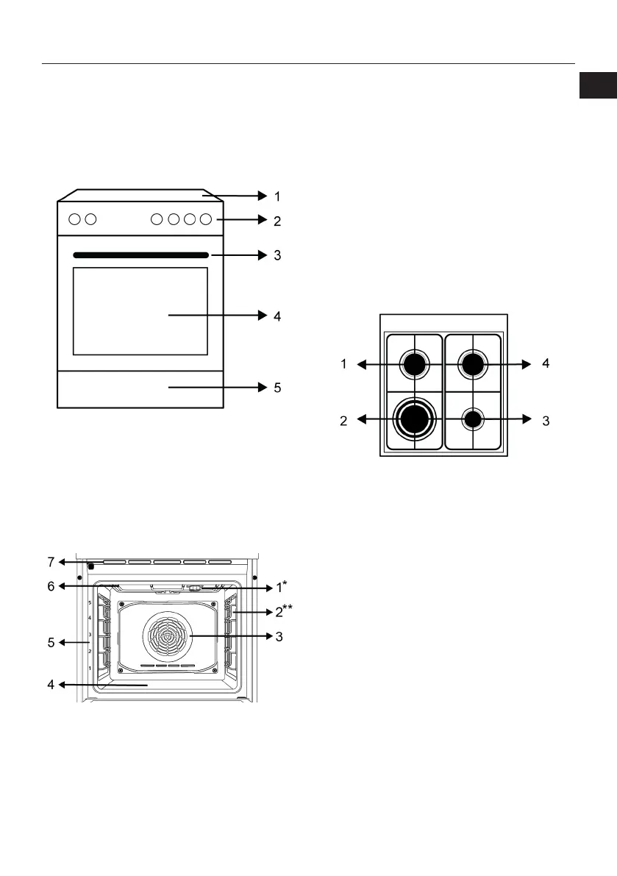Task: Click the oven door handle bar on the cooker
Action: [140, 255]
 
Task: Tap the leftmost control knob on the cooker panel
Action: [74, 220]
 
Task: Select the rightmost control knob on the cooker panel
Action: [206, 220]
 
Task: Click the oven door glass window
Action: [140, 311]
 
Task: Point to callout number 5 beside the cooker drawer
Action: [277, 388]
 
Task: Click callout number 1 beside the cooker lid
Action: [277, 196]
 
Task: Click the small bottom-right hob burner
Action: [472, 419]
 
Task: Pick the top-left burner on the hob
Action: [414, 364]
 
